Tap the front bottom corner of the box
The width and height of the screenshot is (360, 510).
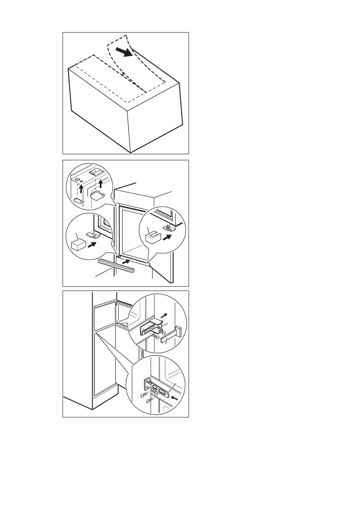[x=131, y=152]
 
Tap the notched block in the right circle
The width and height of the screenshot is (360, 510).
[x=153, y=235]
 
